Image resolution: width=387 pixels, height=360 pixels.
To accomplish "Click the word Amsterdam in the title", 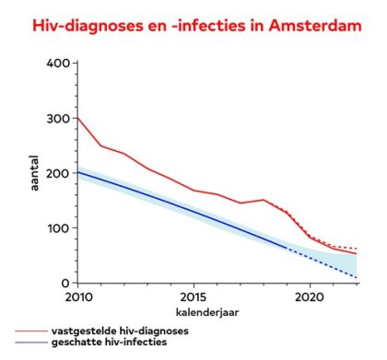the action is click(315, 25).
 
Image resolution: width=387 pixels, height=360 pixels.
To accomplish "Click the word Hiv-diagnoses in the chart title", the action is click(88, 26).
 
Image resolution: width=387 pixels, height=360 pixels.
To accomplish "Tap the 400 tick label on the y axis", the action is click(58, 64).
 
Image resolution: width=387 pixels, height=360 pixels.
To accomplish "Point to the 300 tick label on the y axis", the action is click(58, 119).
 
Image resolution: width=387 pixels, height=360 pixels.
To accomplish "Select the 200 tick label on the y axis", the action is click(58, 173).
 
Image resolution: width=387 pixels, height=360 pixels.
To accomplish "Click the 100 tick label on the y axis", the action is click(59, 228).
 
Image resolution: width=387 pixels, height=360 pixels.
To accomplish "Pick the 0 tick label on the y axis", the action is click(65, 284).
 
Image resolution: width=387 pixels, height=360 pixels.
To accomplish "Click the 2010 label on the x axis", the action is click(78, 296).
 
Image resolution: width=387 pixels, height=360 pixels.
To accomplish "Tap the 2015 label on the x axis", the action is click(193, 296).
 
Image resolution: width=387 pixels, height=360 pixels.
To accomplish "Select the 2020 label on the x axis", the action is click(310, 296).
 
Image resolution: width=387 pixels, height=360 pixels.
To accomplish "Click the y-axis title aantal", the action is click(34, 173).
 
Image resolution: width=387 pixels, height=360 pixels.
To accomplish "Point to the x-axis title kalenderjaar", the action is click(207, 312).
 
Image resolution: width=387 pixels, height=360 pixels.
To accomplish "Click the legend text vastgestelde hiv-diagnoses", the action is click(120, 331).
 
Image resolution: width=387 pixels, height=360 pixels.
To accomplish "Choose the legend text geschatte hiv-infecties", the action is click(110, 342).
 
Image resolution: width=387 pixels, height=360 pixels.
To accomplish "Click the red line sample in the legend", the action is click(31, 331).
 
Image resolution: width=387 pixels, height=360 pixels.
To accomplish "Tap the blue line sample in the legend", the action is click(31, 343).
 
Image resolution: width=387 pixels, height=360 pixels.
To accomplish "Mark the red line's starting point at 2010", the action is click(78, 118).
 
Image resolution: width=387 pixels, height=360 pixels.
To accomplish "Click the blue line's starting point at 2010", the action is click(78, 172).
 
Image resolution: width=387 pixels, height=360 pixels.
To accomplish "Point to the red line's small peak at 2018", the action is click(264, 200).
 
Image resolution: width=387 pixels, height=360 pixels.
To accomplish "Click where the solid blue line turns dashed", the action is click(287, 248).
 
